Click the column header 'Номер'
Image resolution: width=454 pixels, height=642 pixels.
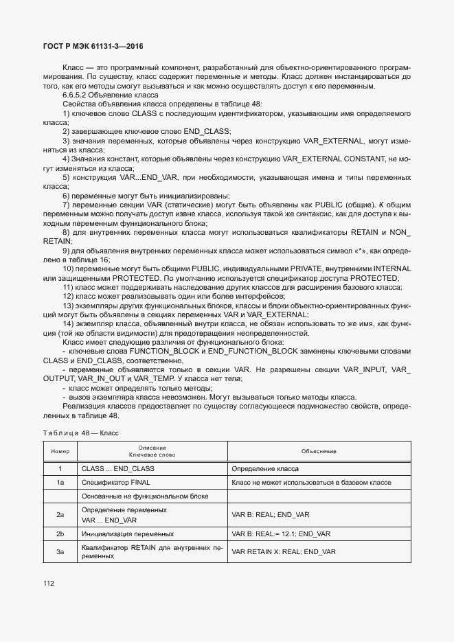pos(60,451)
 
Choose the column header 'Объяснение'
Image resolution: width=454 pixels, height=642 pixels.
pos(319,451)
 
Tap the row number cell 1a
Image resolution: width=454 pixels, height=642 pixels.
pos(60,483)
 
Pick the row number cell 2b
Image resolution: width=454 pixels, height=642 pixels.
pos(60,534)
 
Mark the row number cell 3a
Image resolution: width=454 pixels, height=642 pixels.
pos(60,551)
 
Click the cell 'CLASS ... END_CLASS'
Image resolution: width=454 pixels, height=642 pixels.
pos(117,468)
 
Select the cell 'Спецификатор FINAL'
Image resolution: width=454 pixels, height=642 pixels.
pos(115,483)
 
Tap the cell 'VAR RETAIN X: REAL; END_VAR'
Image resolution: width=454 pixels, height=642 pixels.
pos(284,551)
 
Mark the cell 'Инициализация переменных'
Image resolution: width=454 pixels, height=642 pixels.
pos(127,534)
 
